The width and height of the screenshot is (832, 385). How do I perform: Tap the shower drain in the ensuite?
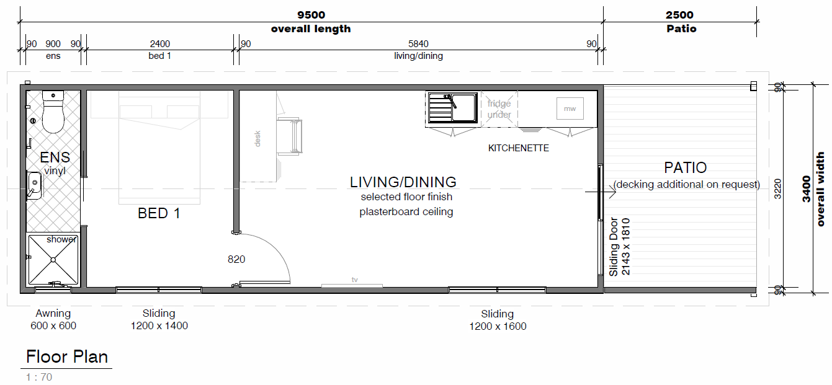point(53,260)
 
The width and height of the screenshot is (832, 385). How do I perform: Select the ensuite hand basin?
point(35,185)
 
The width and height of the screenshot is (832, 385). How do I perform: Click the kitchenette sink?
point(452,108)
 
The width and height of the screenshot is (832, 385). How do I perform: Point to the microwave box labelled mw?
point(570,108)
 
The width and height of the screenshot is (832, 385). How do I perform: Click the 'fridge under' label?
point(499,109)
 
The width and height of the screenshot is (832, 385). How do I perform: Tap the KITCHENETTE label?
point(518,148)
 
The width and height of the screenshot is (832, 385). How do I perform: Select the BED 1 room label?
point(159,213)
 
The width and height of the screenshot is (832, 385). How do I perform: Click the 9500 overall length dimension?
point(311,15)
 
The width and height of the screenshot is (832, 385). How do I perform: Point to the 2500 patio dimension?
point(679,15)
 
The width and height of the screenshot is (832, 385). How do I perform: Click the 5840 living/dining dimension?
point(418,44)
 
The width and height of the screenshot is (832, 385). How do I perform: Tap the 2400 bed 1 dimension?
point(159,44)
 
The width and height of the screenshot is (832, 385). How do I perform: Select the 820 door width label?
point(236,259)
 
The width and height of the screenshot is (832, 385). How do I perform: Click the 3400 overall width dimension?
point(806,189)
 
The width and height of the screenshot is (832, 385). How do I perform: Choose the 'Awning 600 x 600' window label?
point(53,319)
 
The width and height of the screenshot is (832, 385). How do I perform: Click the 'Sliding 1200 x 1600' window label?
point(498,320)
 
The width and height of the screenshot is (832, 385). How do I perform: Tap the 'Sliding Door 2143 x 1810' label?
point(620,247)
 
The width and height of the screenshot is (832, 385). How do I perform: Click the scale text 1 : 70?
point(39,377)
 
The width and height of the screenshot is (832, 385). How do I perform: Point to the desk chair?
point(290,136)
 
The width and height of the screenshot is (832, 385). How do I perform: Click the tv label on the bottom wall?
point(355,280)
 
